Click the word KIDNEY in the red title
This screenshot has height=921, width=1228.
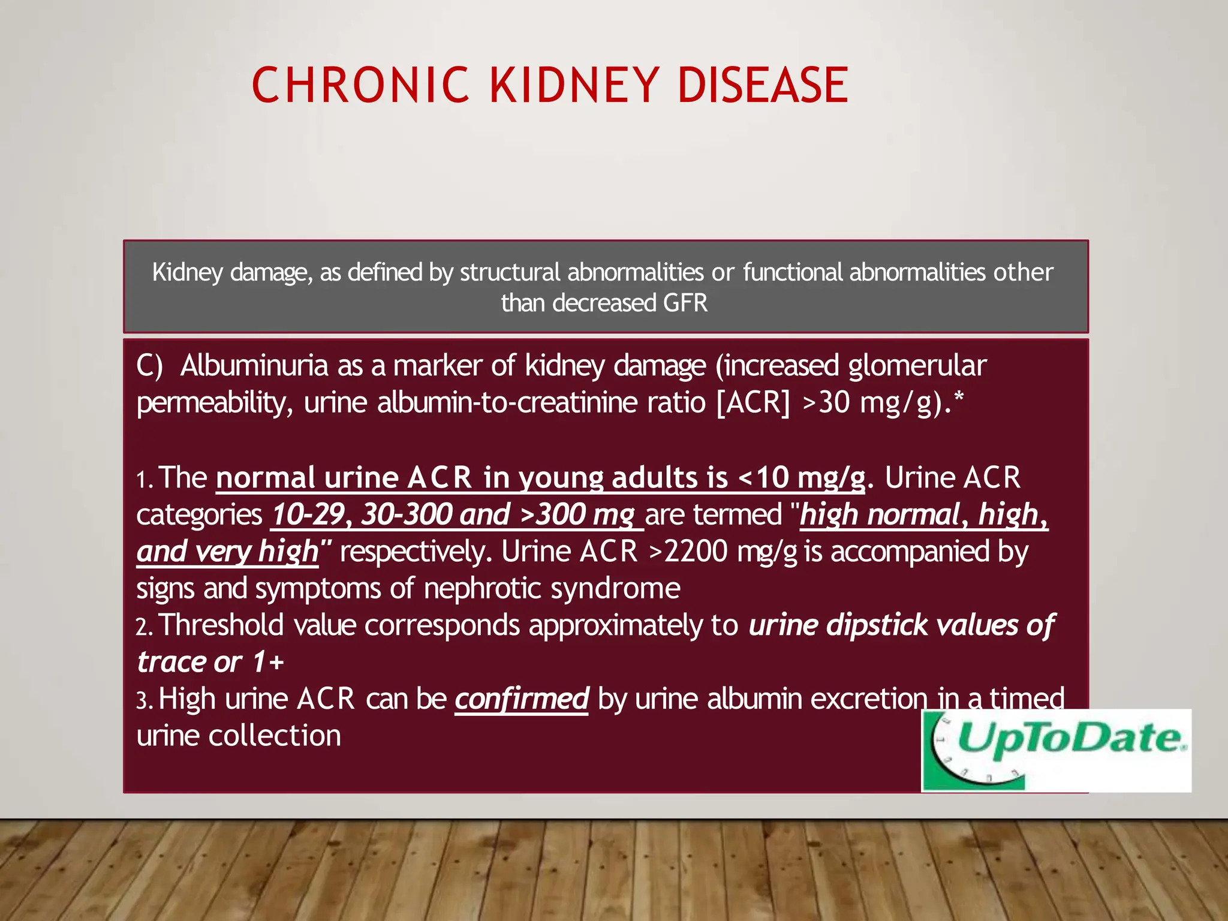(574, 85)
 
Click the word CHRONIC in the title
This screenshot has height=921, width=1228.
(360, 85)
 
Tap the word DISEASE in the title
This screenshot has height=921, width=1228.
(763, 85)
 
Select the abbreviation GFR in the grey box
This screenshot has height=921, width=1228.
(685, 303)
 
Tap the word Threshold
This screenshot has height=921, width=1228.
(221, 625)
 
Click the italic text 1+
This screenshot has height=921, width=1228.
(267, 662)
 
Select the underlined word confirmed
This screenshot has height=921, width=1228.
(522, 699)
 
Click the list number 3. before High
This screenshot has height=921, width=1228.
(145, 700)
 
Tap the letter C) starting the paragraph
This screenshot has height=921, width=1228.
(149, 365)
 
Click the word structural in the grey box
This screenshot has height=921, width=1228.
(510, 272)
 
